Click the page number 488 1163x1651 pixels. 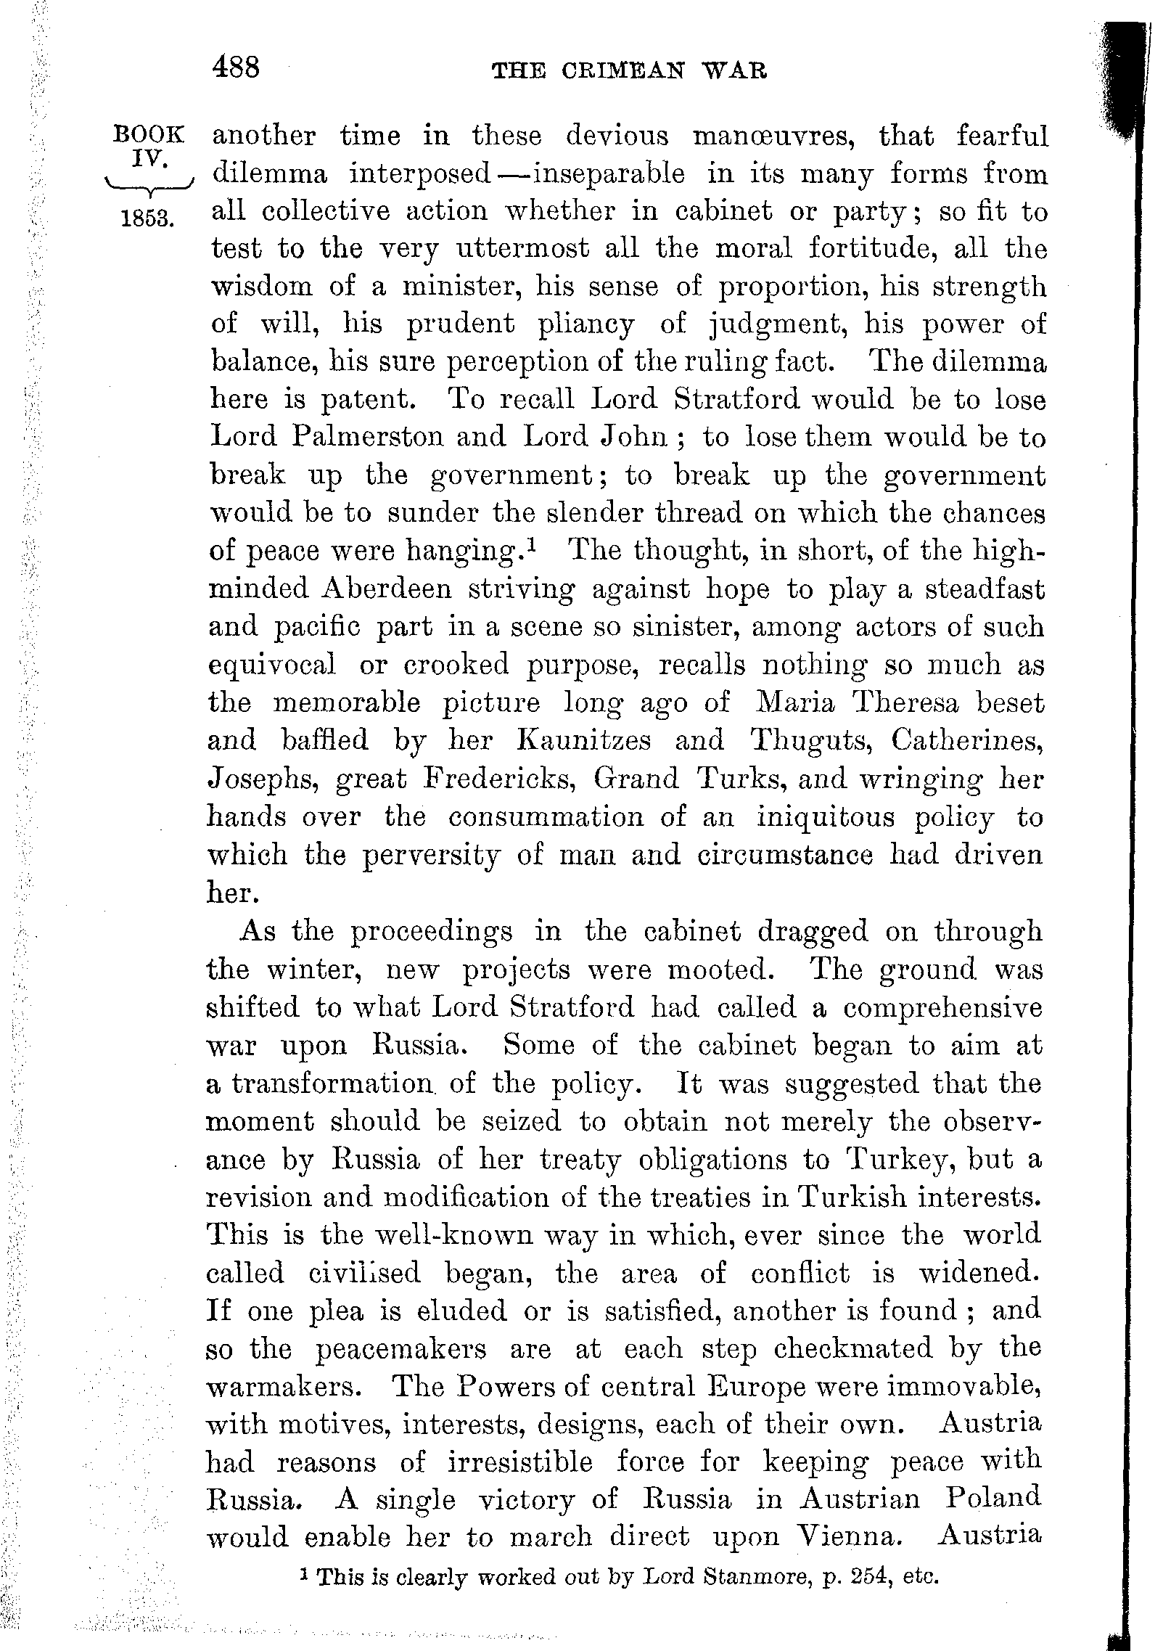[236, 68]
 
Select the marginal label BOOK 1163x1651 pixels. [150, 135]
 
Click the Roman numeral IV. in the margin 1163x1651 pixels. [150, 160]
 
